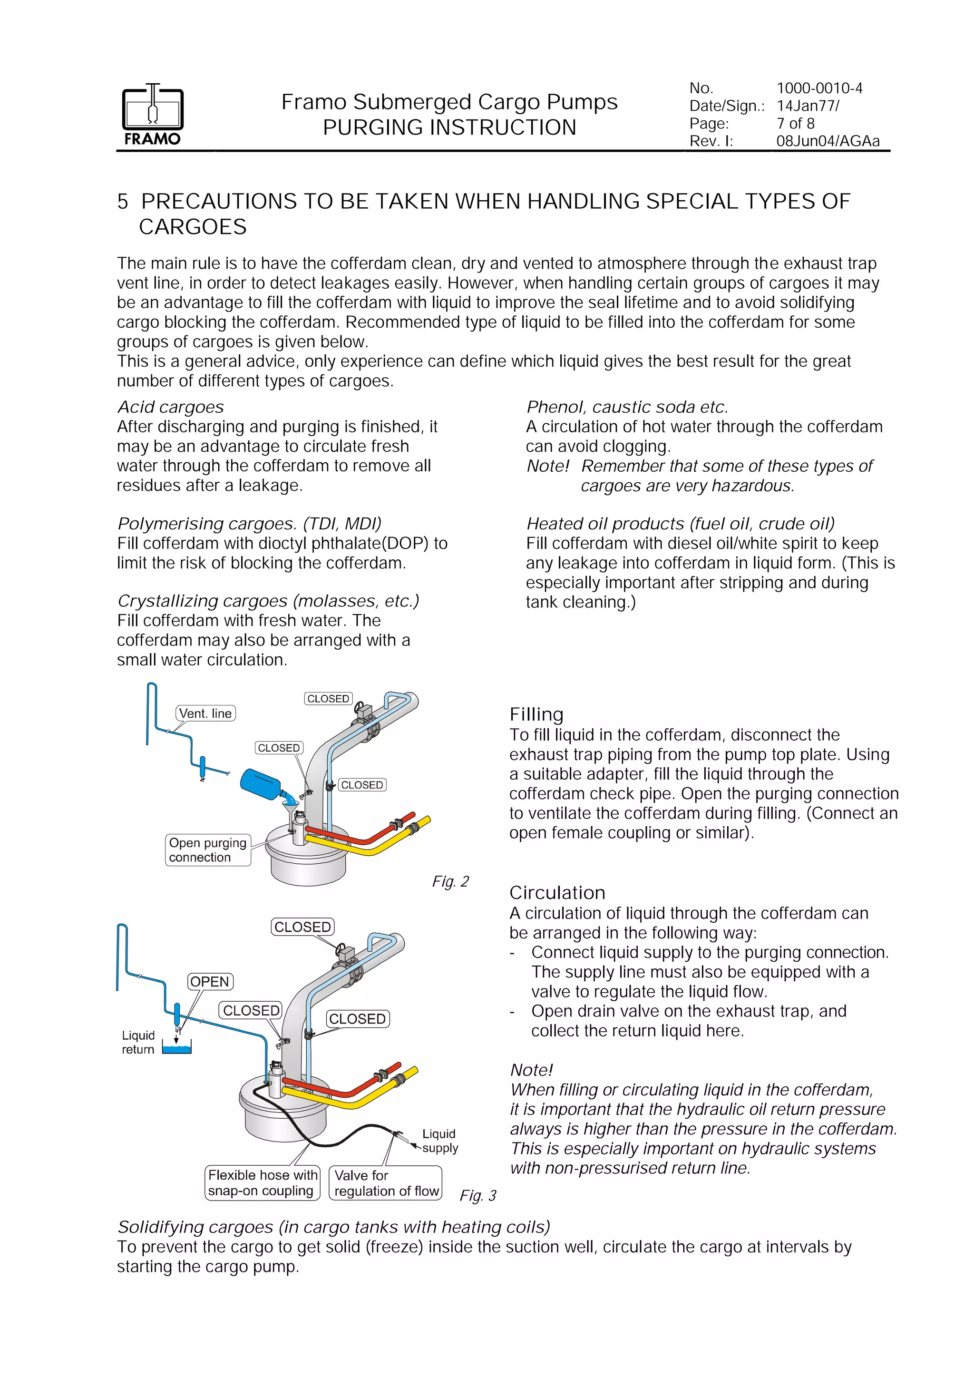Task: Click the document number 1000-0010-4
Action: click(819, 88)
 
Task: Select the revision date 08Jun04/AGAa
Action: click(828, 141)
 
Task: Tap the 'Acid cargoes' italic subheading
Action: click(170, 407)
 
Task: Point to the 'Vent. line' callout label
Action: click(205, 713)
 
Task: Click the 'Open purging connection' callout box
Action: click(207, 850)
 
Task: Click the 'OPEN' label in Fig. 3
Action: click(210, 982)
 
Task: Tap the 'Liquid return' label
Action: click(138, 1042)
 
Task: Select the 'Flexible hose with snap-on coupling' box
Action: click(262, 1182)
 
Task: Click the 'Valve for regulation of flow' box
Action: click(386, 1182)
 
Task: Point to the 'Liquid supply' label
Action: click(439, 1141)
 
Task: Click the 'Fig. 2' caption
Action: click(450, 881)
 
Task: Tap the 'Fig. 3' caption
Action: click(478, 1195)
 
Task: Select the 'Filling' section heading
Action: click(536, 714)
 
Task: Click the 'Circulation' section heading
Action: click(557, 892)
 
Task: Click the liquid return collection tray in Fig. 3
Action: click(177, 1049)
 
